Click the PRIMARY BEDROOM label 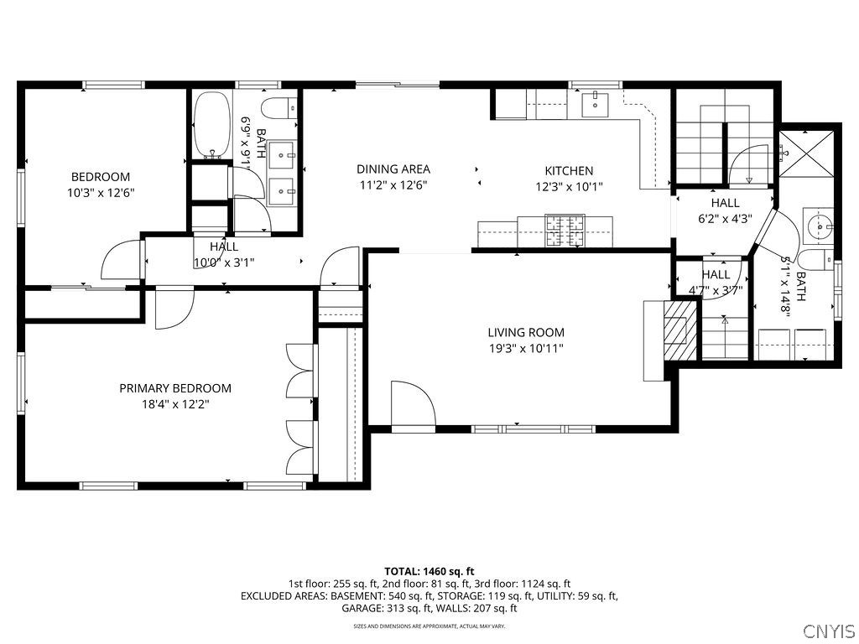pyautogui.click(x=175, y=388)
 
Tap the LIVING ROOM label pyautogui.click(x=526, y=332)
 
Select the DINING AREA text pyautogui.click(x=393, y=169)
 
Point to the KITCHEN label pyautogui.click(x=569, y=171)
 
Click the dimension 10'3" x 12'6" pyautogui.click(x=101, y=192)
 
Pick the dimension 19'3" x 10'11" pyautogui.click(x=526, y=348)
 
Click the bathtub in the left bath pyautogui.click(x=212, y=126)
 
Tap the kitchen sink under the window pyautogui.click(x=595, y=103)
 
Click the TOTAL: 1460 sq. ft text pyautogui.click(x=429, y=571)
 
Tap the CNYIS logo pyautogui.click(x=828, y=631)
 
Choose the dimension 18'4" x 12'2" pyautogui.click(x=175, y=404)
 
